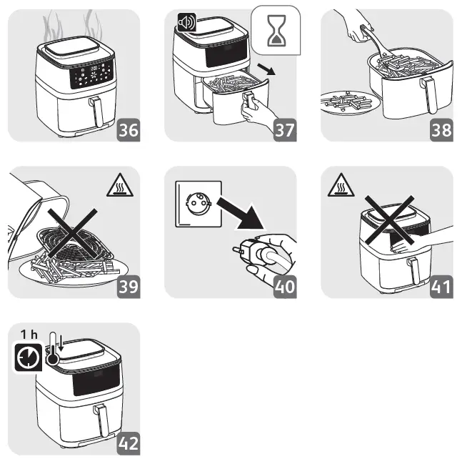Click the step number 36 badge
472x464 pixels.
[x=129, y=130]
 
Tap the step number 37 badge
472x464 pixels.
[x=285, y=130]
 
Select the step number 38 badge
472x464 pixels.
[x=441, y=130]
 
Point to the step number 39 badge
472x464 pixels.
[x=129, y=287]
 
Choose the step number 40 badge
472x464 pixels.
[x=285, y=287]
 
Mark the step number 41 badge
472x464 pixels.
[x=441, y=287]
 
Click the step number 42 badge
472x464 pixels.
[x=129, y=443]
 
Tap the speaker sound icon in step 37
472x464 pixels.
[x=186, y=22]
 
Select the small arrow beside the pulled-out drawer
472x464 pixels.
[x=266, y=69]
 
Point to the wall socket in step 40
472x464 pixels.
[x=199, y=204]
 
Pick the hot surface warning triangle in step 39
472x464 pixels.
[x=120, y=185]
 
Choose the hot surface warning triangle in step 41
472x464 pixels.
[x=341, y=185]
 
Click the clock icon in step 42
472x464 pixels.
[x=28, y=357]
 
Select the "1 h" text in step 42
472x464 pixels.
[x=29, y=334]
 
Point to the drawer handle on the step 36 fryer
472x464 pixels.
[x=96, y=112]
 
